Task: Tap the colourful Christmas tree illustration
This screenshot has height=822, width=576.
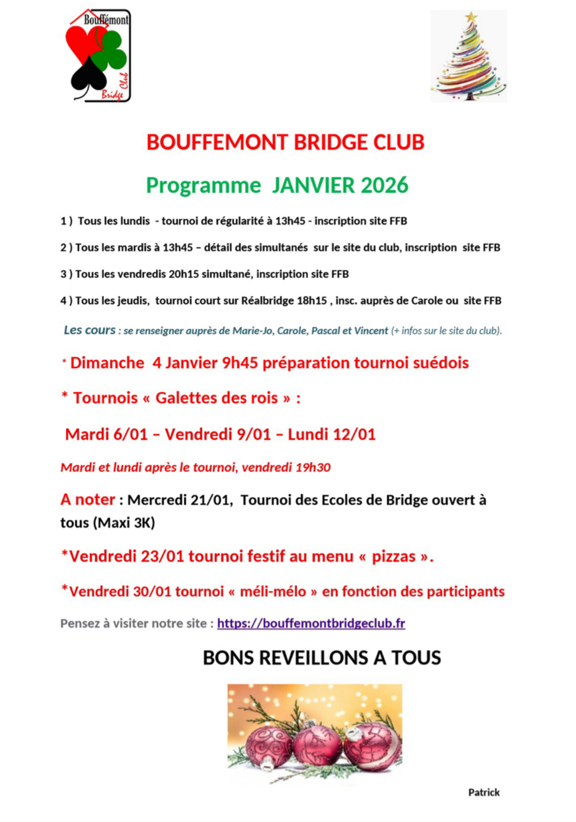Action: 469,57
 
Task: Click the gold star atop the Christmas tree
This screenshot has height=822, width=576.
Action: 471,17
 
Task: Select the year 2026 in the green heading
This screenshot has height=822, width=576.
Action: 383,185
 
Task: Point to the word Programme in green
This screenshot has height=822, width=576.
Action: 203,185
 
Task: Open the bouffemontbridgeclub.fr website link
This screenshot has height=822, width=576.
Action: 311,623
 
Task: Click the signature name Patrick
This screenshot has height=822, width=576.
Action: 484,792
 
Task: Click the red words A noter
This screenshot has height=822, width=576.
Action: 88,500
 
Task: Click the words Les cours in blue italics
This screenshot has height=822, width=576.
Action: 89,331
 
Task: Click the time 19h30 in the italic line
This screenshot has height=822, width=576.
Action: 313,467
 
